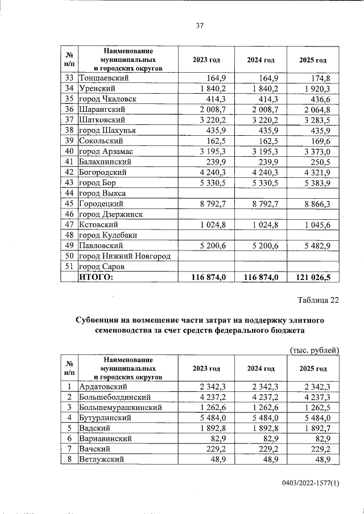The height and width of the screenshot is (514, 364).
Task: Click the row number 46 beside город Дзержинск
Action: (x=69, y=214)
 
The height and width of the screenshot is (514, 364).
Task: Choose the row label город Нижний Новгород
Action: (x=125, y=256)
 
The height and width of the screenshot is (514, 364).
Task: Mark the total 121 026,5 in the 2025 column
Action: (x=317, y=277)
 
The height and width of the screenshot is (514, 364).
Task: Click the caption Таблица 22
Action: (x=318, y=300)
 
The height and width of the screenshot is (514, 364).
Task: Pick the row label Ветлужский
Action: (x=102, y=459)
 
